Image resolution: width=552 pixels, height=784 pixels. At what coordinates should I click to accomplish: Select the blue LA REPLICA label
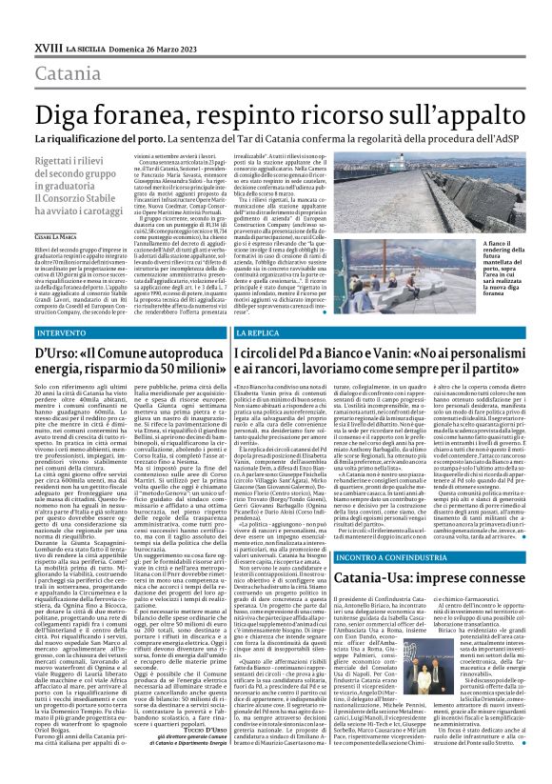click(x=235, y=334)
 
